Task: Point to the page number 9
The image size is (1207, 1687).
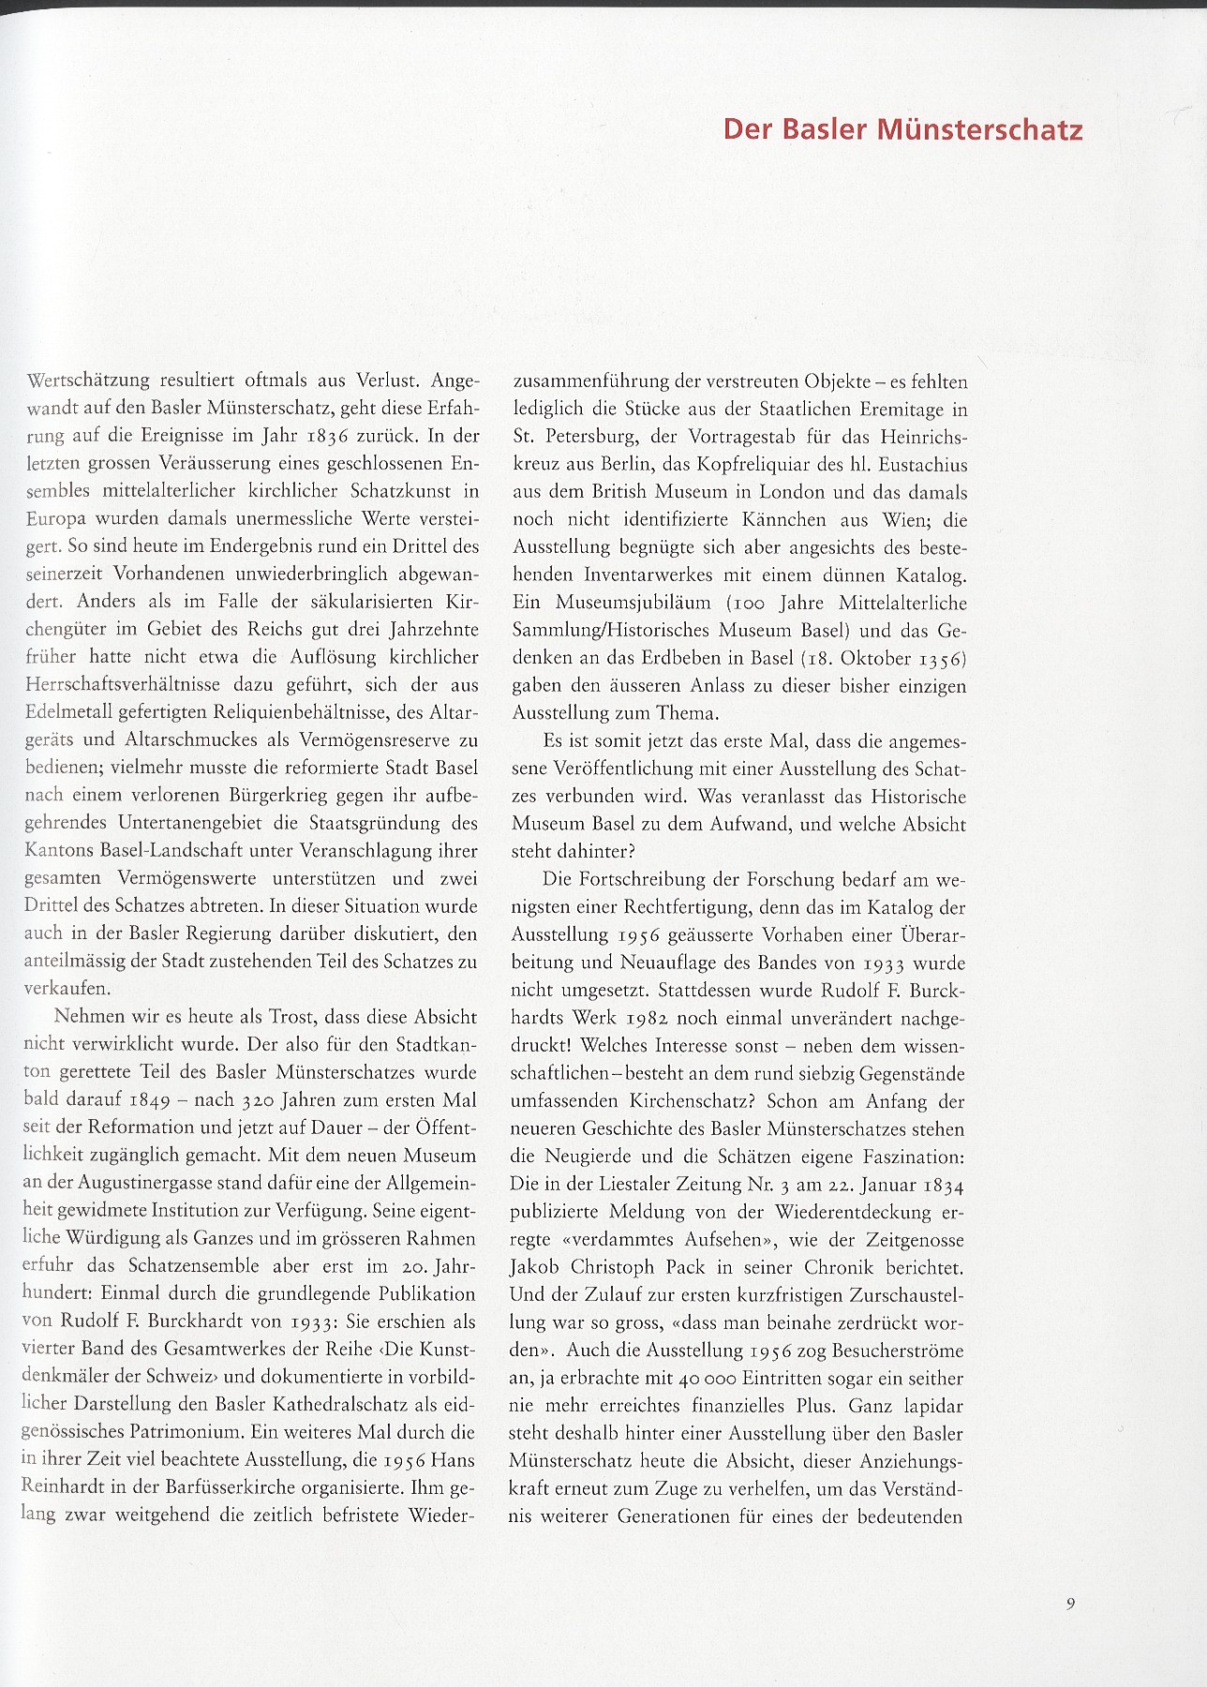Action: [1070, 1604]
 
